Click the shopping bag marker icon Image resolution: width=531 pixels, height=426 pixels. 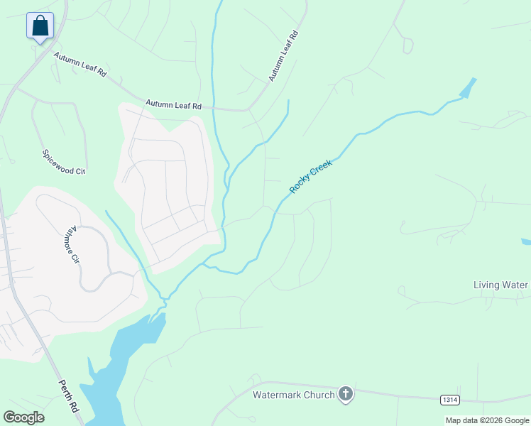(40, 26)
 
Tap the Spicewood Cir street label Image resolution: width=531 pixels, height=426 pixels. (63, 162)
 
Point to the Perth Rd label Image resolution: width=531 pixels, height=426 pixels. (69, 395)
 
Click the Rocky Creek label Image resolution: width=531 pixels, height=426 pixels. (311, 177)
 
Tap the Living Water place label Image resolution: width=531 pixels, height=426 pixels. (501, 285)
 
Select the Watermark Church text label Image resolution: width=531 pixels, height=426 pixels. (294, 394)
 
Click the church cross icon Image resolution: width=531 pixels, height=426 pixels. (346, 393)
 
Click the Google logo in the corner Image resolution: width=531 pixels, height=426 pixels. (23, 417)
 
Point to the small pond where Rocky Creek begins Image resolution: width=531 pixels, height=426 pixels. (468, 88)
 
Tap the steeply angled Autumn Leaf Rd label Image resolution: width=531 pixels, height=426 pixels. (283, 55)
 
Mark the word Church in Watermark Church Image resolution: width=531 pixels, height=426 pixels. (318, 394)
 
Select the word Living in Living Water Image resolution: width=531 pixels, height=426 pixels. (486, 285)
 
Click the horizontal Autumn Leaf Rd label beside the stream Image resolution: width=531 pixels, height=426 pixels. (174, 104)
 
